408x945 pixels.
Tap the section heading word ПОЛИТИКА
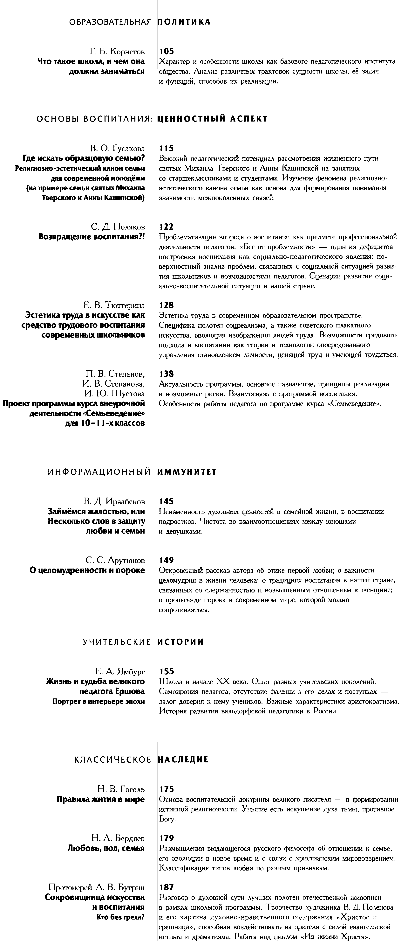184,22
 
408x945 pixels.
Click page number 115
167,149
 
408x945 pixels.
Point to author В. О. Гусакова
117,149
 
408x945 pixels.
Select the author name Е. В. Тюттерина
112,305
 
